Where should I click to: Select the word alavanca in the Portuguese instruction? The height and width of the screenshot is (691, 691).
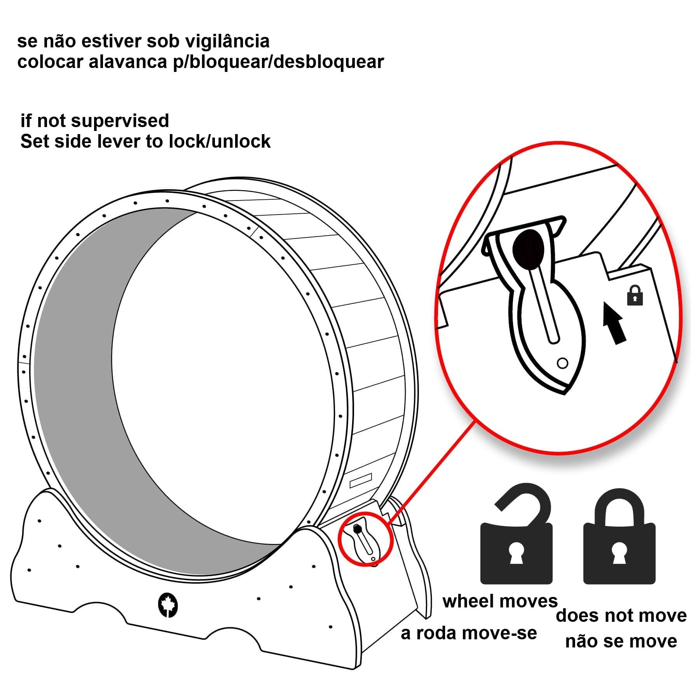pos(128,61)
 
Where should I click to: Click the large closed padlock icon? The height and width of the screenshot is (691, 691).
pos(619,536)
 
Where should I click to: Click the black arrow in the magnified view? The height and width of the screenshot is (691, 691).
pos(614,323)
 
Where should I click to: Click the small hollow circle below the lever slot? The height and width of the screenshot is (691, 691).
pos(562,363)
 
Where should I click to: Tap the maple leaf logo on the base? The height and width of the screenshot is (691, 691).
pos(168,605)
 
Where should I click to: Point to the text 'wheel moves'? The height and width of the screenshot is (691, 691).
pos(500,601)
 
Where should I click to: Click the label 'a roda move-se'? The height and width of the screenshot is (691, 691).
pos(469,633)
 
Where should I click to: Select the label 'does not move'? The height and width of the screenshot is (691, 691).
pos(621,616)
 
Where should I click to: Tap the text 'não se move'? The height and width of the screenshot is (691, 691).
pos(621,641)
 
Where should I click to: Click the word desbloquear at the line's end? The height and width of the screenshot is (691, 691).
pos(329,61)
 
